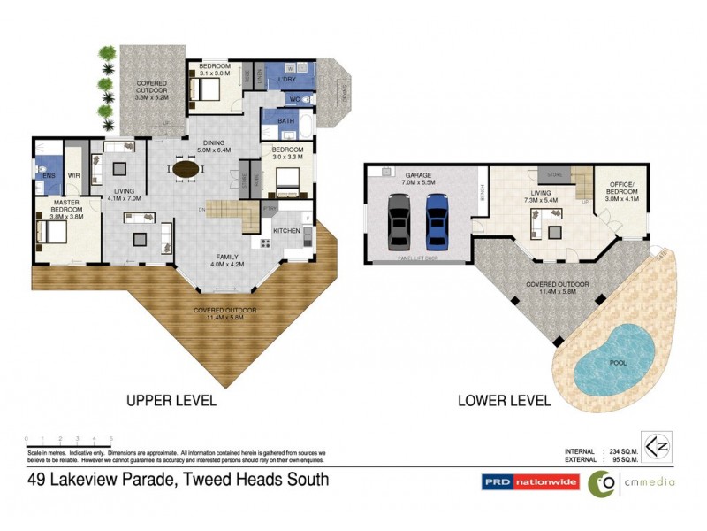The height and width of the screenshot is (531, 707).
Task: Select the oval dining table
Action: [186, 168]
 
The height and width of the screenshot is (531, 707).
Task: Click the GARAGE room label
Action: [418, 176]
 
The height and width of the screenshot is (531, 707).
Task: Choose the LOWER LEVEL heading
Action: [505, 400]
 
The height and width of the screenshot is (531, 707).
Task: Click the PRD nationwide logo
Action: [529, 482]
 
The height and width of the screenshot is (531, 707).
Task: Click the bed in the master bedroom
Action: [51, 232]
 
